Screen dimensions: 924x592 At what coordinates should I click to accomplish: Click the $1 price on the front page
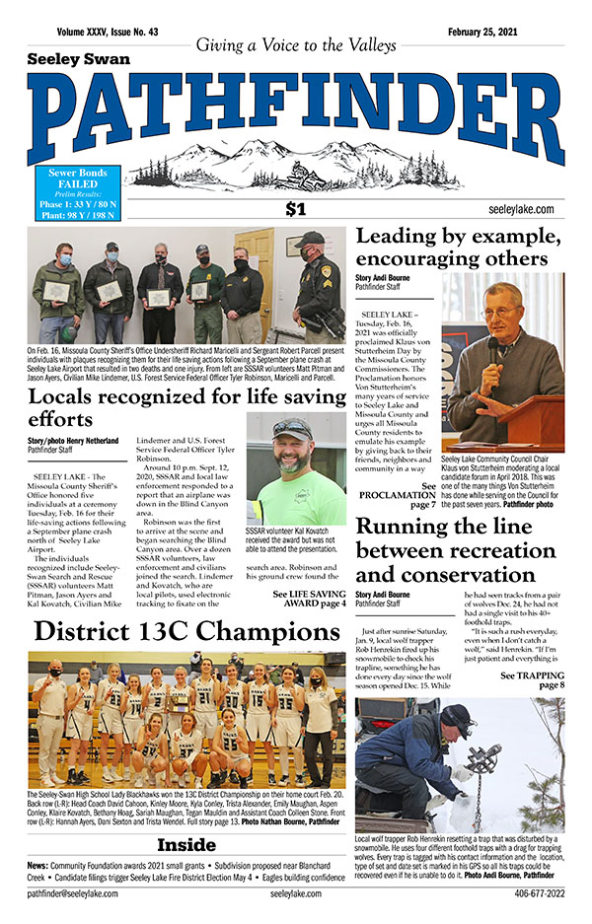click(295, 208)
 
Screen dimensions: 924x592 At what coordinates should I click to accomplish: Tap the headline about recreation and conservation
click(459, 550)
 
